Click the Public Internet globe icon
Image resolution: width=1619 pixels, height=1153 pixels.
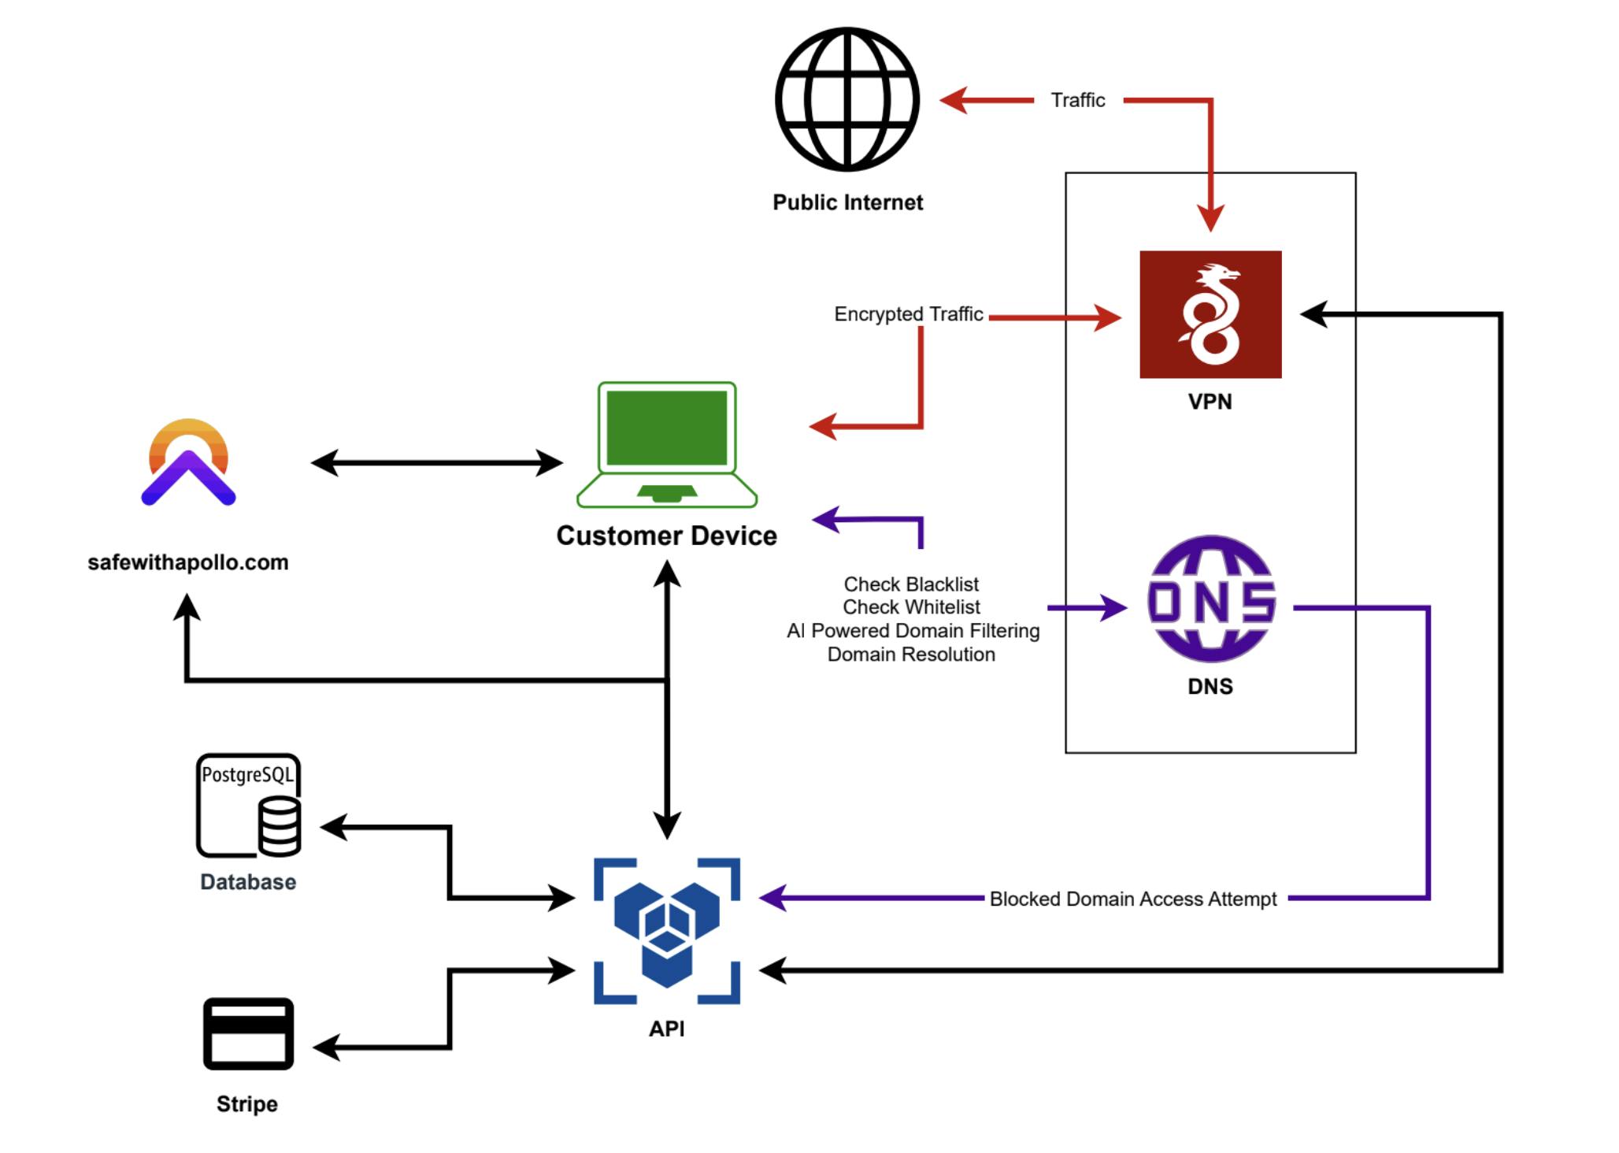[x=847, y=99]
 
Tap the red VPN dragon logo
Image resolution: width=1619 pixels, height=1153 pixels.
[x=1210, y=314]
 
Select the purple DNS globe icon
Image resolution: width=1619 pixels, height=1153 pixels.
[x=1211, y=599]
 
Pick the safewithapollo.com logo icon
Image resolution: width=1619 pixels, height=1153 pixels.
[x=188, y=462]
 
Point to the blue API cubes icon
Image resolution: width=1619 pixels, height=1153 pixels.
[x=666, y=930]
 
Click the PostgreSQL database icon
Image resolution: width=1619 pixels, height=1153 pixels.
[x=248, y=805]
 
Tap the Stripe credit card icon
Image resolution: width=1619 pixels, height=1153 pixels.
[x=248, y=1033]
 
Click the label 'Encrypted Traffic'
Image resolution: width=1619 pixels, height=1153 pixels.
[x=908, y=314]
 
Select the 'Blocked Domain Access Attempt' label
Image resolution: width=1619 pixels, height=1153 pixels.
[x=1132, y=899]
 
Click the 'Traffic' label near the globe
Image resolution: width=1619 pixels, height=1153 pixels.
[x=1077, y=100]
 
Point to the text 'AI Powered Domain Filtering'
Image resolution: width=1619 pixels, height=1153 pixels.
[x=912, y=631]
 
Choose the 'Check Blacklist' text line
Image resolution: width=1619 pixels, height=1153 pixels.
[x=911, y=584]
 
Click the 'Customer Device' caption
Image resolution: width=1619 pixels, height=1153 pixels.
[x=666, y=536]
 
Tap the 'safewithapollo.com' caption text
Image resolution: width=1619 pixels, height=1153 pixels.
[x=188, y=562]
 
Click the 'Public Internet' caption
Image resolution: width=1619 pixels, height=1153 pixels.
[x=847, y=202]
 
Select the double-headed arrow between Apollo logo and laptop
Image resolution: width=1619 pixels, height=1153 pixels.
[x=436, y=463]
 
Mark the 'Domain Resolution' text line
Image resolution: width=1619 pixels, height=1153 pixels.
[x=911, y=654]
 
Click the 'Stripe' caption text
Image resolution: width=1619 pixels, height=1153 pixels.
[x=247, y=1104]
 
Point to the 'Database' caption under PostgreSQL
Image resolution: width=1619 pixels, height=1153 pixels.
[x=248, y=882]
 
